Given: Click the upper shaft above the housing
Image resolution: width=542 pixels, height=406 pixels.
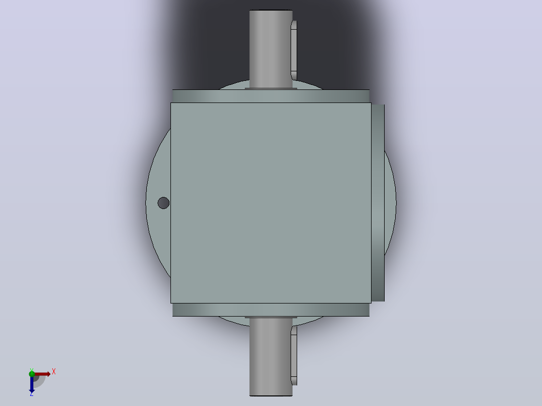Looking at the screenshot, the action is tap(270, 49).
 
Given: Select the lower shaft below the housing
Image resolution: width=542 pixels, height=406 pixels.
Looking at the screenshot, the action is tap(270, 357).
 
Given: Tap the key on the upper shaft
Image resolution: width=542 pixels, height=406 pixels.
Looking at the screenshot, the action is tap(294, 50).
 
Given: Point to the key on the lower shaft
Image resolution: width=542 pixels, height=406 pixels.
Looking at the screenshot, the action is tap(294, 356).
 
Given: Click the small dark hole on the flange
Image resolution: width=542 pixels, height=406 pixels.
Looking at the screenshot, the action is tap(163, 203).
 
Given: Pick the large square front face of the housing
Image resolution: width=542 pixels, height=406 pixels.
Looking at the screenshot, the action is tap(270, 203).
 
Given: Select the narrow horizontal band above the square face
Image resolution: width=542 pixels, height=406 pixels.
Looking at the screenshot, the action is tap(270, 95).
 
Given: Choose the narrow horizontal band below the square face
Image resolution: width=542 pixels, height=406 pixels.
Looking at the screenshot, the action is tap(270, 310).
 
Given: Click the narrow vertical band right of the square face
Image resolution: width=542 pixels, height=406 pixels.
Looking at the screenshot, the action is tap(378, 203).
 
